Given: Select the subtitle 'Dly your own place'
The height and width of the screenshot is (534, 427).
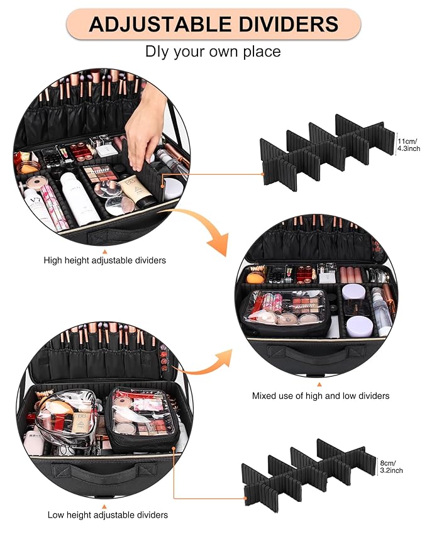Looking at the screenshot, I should tap(213, 51).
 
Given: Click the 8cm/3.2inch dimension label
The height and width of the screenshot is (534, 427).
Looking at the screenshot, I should tap(391, 466).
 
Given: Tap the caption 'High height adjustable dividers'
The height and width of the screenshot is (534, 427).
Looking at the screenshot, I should tap(105, 259).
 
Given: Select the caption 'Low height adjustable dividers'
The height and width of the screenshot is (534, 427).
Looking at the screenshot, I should tap(108, 515).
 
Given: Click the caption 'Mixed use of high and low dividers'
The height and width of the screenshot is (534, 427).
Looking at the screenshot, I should tap(321, 396).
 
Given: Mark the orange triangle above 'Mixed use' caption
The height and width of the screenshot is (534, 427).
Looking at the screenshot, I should tap(319, 383).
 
